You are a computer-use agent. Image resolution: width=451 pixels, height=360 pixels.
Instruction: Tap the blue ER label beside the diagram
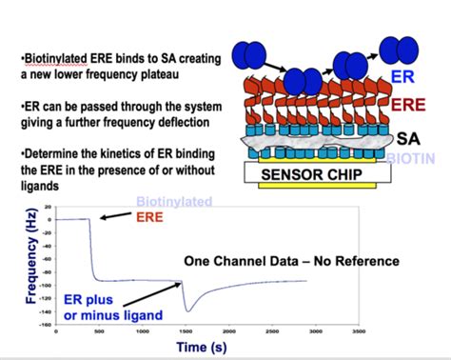pyautogui.click(x=402, y=75)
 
